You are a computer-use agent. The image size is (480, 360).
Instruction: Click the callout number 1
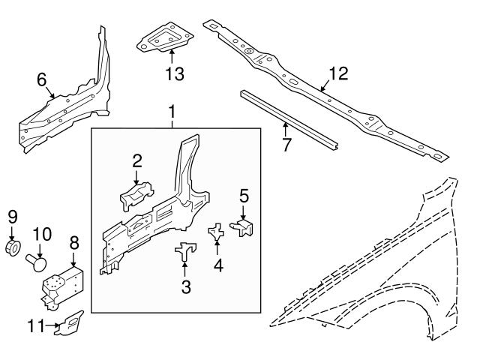pos(172,113)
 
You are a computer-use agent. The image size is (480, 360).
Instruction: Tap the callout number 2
pos(137,160)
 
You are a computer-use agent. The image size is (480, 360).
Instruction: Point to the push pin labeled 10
pos(37,262)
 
